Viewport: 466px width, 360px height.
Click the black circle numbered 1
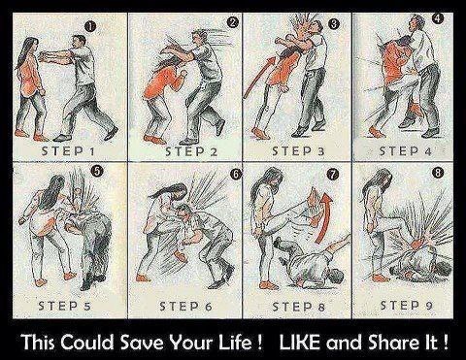click(90, 27)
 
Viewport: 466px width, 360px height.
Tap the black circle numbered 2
click(233, 22)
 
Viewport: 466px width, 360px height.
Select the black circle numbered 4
click(438, 18)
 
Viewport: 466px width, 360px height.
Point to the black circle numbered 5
click(98, 172)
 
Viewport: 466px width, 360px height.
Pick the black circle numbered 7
click(332, 175)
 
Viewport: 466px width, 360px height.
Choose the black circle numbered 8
click(438, 173)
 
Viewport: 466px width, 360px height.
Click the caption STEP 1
click(68, 151)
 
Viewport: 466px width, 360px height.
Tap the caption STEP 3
click(298, 151)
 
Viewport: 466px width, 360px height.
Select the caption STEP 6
click(185, 306)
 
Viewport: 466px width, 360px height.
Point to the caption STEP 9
click(407, 305)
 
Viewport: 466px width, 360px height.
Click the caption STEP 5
click(64, 306)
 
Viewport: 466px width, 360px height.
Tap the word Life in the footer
click(240, 343)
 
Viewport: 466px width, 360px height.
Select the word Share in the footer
click(393, 343)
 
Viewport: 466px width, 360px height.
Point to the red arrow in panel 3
click(259, 78)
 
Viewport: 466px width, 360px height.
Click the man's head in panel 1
click(79, 42)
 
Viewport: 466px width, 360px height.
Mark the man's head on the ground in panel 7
click(335, 278)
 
